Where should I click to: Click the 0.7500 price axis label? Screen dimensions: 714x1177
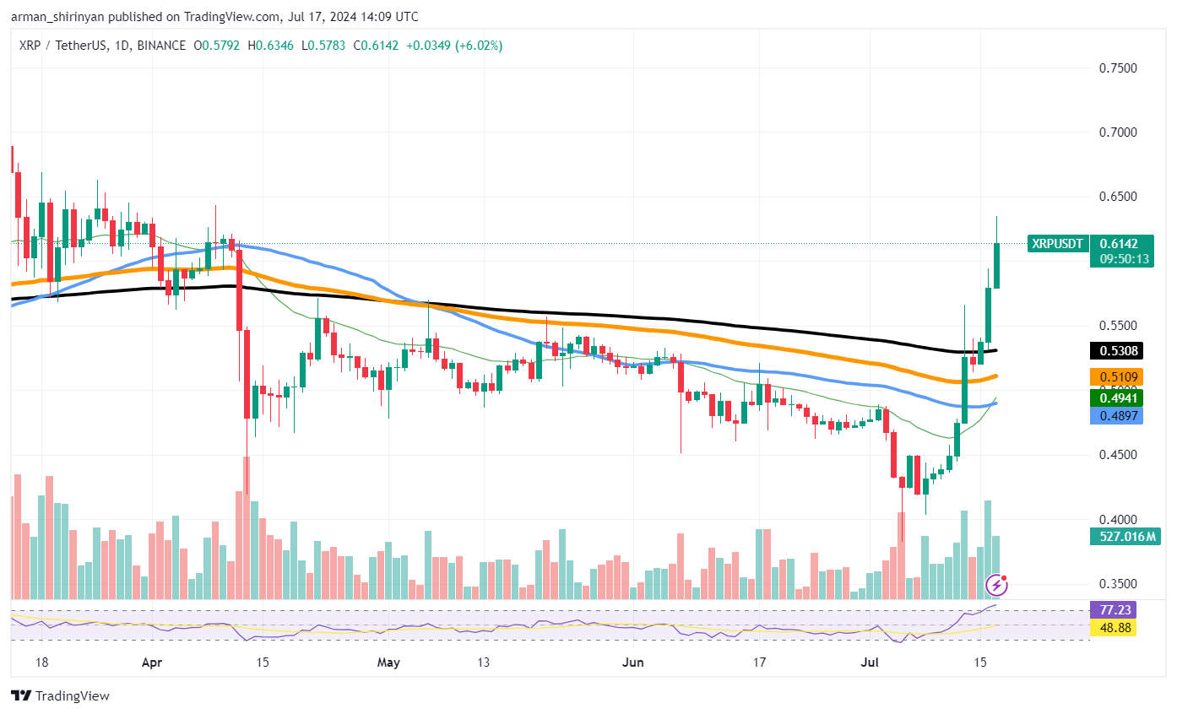[1119, 68]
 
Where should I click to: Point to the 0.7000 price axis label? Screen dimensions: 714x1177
[1119, 133]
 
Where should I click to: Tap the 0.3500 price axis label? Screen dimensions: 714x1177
[1119, 584]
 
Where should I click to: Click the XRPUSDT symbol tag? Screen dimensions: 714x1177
[1057, 244]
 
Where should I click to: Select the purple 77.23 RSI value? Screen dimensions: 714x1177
[1114, 609]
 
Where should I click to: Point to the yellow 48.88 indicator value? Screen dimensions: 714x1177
[1114, 627]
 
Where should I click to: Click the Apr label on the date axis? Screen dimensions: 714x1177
[152, 663]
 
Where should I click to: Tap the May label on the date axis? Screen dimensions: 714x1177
[388, 663]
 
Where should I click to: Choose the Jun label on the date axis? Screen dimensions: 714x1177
[632, 663]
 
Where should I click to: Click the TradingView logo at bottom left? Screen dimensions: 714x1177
[61, 696]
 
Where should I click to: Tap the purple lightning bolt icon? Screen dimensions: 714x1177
[997, 584]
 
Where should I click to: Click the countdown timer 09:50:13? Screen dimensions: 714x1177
[1120, 259]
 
